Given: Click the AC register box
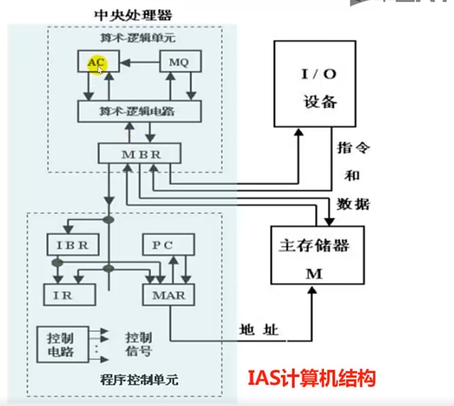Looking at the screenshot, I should point(93,61).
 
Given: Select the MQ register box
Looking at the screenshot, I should point(180,61).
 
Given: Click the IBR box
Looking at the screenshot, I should point(72,245).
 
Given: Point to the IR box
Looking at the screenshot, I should point(70,295).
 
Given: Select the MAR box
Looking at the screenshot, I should point(169,295).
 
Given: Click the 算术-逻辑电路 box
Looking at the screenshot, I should point(139,111).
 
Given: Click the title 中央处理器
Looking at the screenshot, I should point(133,15).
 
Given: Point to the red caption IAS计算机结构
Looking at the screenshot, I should point(311,378).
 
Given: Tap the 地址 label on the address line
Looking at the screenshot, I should point(258,330).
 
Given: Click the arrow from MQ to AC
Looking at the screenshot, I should point(139,64).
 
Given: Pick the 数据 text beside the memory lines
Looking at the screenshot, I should point(353,203).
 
